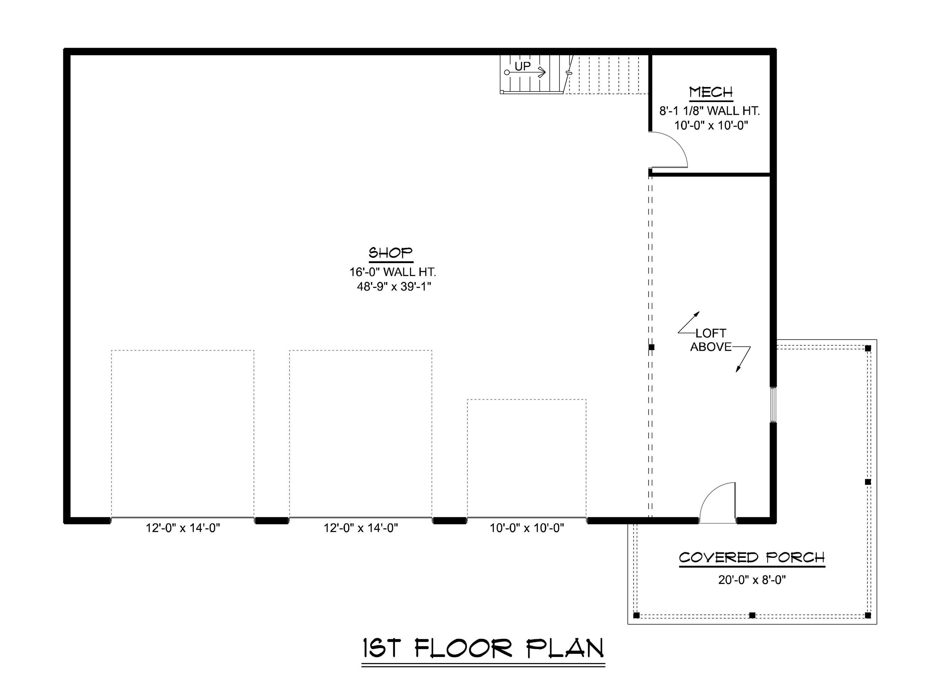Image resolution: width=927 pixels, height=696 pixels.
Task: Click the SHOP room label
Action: click(390, 253)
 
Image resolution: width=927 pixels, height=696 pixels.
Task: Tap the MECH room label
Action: click(711, 92)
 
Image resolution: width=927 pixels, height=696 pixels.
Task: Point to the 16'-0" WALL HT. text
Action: click(393, 272)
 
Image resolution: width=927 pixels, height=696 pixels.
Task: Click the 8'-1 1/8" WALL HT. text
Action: click(710, 111)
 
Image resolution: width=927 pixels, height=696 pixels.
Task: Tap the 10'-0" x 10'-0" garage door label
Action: click(527, 528)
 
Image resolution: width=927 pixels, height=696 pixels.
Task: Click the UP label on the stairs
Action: click(522, 66)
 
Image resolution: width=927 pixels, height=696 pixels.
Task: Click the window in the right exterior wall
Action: click(773, 404)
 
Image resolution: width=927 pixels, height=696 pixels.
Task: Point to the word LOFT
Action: click(711, 333)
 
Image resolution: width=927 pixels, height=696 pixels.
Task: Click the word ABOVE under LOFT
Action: click(711, 347)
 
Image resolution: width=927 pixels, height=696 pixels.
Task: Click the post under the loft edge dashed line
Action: click(651, 347)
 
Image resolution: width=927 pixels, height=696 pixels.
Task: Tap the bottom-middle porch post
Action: click(752, 615)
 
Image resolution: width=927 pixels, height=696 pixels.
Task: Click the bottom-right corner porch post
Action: click(868, 615)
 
